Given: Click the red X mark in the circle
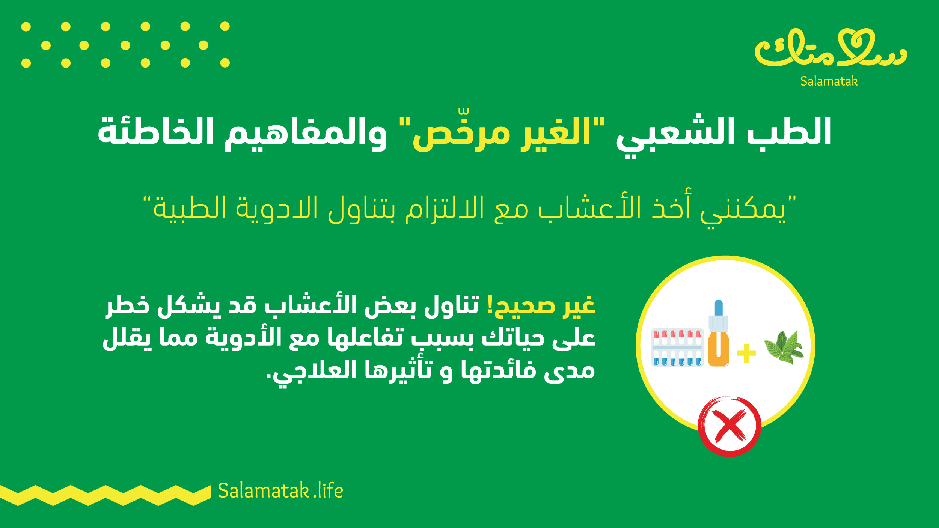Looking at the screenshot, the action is [x=729, y=426].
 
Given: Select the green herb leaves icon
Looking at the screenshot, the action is [x=784, y=347].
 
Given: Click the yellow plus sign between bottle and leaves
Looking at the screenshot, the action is [x=746, y=353].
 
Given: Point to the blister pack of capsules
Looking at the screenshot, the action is [x=677, y=347].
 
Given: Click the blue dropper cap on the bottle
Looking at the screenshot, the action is [x=719, y=308].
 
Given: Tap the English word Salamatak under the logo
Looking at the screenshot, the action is [x=829, y=81].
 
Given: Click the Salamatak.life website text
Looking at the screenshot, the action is [x=280, y=490].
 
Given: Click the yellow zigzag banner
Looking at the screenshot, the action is [x=106, y=495].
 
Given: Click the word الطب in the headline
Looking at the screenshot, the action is [x=789, y=131].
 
